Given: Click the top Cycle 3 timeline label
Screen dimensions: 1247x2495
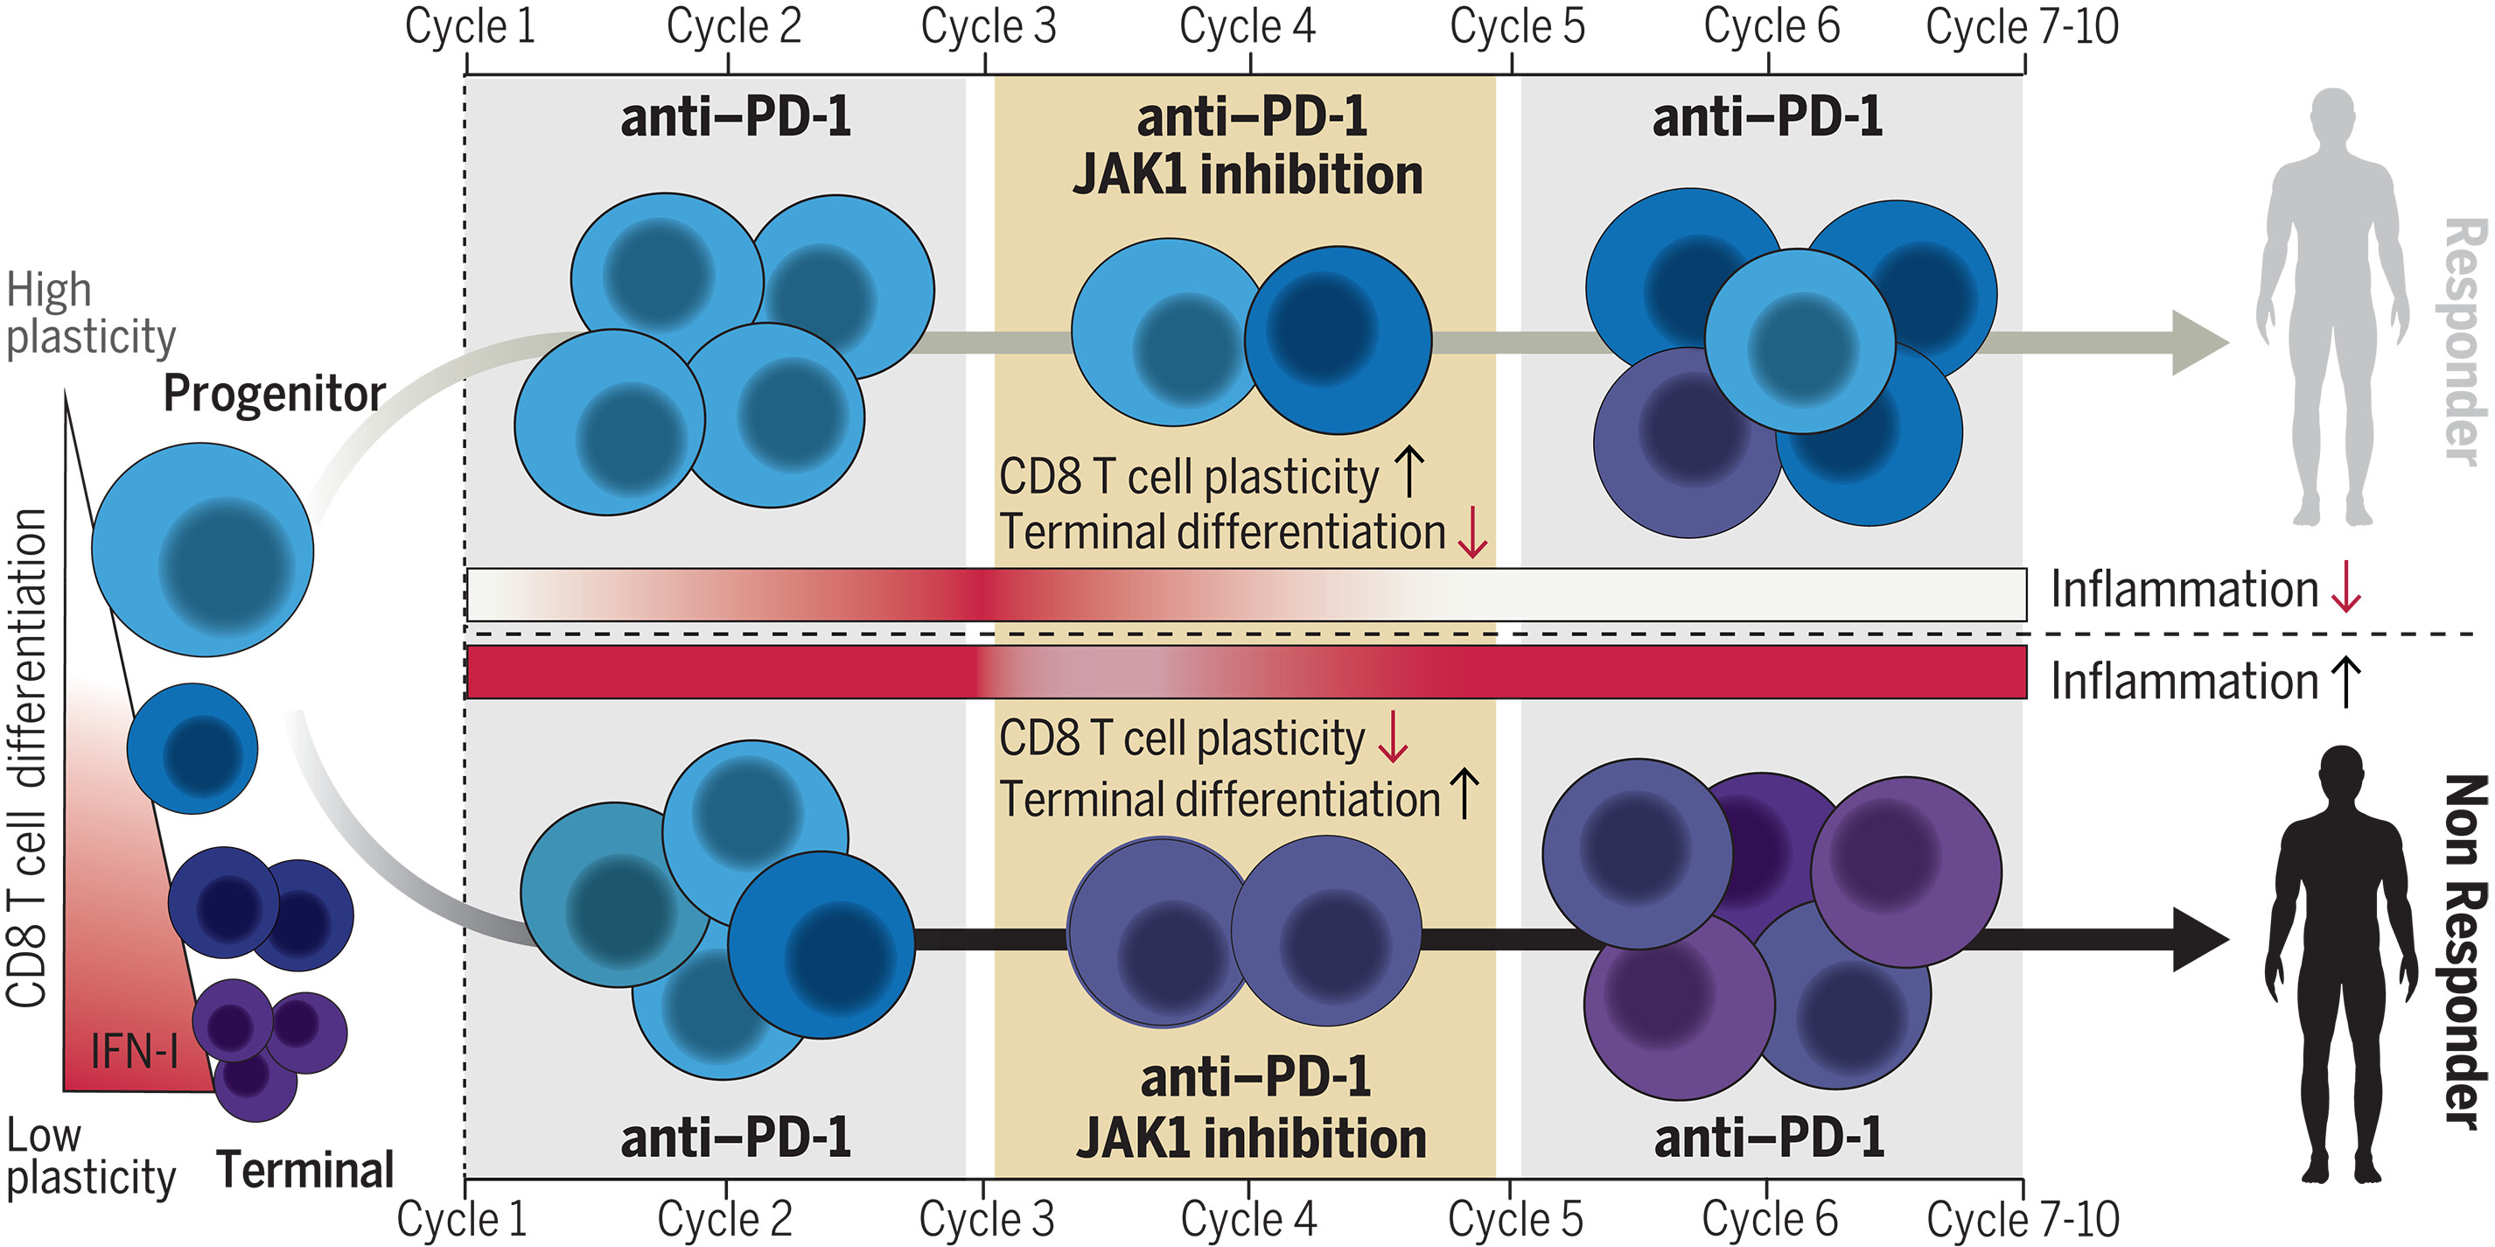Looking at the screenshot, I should [987, 26].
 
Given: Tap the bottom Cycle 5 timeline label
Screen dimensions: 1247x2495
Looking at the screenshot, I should [1515, 1218].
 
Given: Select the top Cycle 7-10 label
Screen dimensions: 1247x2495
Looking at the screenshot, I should [2023, 26].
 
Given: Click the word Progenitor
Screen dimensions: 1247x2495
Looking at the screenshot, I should [274, 394].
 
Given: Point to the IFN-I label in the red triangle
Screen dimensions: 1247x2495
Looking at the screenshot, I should [134, 1051].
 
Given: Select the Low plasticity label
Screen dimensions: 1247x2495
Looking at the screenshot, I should [90, 1157].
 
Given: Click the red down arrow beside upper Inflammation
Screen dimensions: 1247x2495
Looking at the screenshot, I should [2346, 589].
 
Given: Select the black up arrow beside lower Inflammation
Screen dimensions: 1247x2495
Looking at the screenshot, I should [2346, 681].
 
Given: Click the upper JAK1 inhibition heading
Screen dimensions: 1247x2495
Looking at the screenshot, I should [1247, 175].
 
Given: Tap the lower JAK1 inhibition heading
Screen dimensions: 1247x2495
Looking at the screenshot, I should [1250, 1138].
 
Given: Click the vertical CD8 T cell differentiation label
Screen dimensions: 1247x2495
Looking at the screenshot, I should [27, 756].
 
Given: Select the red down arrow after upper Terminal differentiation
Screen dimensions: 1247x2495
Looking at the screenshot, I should [1472, 533].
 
